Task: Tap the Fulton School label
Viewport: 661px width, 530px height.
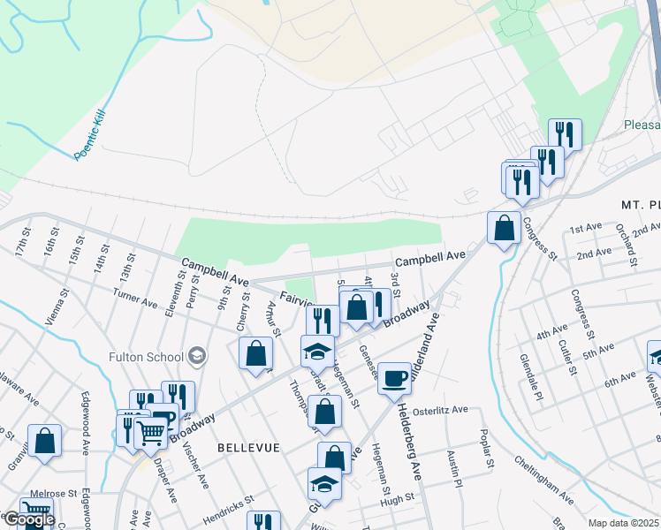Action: click(146, 357)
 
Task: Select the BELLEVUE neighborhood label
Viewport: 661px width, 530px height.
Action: click(248, 448)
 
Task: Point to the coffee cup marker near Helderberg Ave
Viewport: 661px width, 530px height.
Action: click(394, 378)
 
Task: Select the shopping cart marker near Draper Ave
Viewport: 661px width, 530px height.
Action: click(151, 432)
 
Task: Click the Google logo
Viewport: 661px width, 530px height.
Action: click(29, 520)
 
